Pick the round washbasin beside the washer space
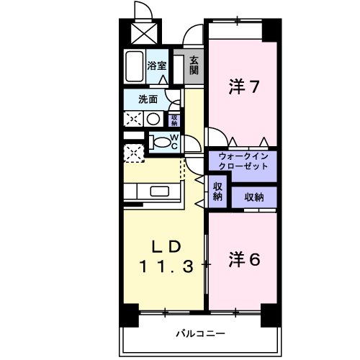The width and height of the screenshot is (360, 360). coord(153,119)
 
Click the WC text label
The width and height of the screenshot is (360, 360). coord(174,140)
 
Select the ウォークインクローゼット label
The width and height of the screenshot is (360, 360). coord(242,161)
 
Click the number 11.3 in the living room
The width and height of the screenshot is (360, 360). coord(167,265)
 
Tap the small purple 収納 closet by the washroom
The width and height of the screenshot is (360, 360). coord(174,119)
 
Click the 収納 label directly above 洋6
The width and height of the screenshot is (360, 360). coord(253,197)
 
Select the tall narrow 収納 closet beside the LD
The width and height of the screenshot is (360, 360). coord(217,191)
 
